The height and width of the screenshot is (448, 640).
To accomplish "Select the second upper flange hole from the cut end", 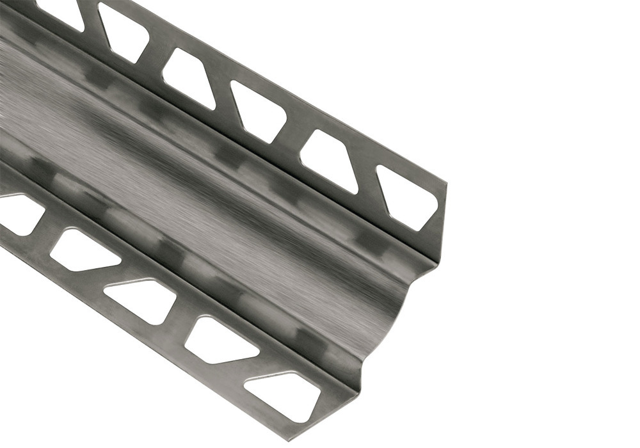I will tap(329, 160).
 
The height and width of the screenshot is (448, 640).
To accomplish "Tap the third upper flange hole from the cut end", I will tap(259, 112).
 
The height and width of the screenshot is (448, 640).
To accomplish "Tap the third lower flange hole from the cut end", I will tap(141, 298).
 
